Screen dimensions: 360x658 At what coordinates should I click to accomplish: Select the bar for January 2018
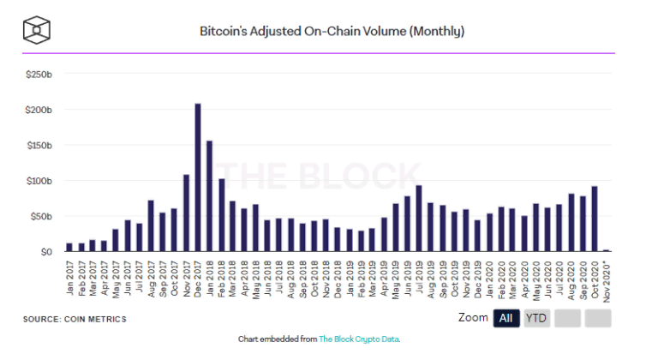point(210,196)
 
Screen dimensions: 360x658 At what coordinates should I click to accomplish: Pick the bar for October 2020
point(594,219)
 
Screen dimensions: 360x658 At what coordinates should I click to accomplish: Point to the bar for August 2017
point(151,226)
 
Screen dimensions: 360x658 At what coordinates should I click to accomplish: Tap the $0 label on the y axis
point(45,252)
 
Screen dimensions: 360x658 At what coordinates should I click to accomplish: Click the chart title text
point(332,32)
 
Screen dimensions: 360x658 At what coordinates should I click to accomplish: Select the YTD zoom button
point(537,319)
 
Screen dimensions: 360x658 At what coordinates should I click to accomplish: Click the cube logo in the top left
point(37,30)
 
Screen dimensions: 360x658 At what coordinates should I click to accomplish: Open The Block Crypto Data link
point(359,339)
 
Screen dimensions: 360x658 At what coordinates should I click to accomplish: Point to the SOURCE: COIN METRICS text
point(75,320)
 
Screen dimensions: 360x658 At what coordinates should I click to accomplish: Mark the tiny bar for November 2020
point(606,250)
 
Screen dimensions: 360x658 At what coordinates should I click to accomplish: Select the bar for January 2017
point(69,248)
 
